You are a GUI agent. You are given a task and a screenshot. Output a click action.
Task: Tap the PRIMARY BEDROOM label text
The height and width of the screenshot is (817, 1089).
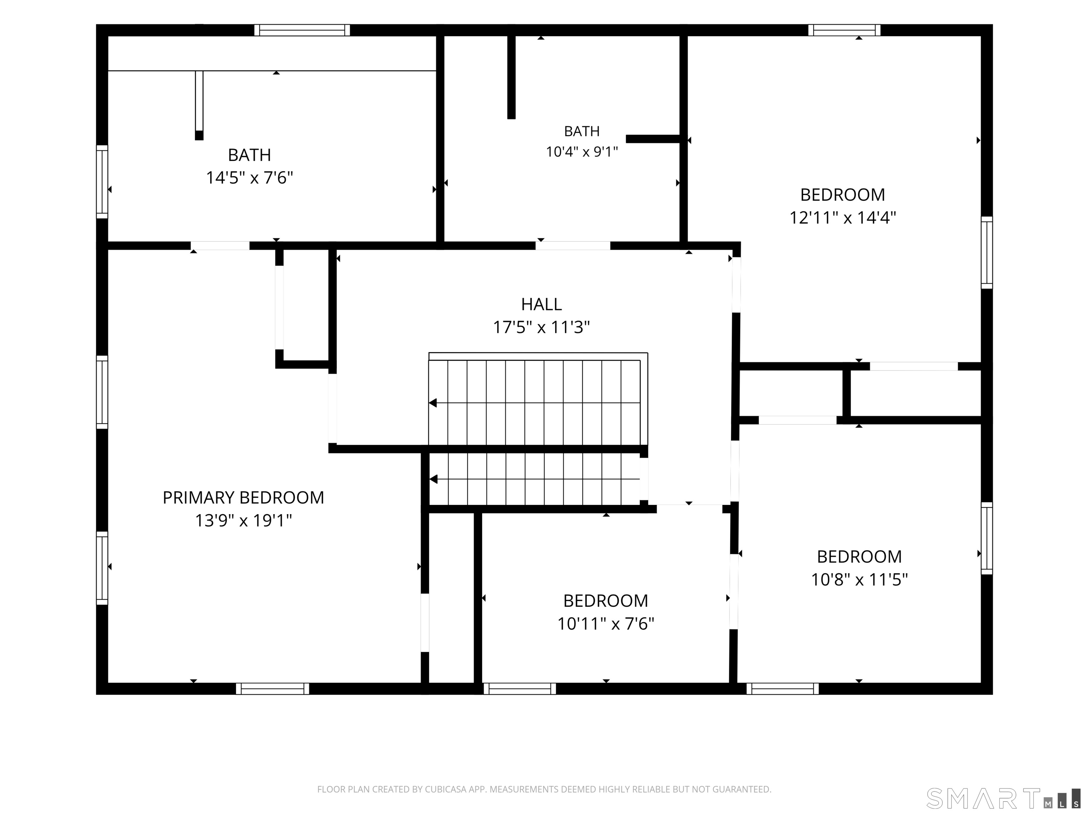point(243,498)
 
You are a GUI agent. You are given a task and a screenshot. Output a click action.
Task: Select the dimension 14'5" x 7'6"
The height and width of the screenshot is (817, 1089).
point(249,177)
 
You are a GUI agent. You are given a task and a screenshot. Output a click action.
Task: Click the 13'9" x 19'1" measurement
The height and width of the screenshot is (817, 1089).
point(243,520)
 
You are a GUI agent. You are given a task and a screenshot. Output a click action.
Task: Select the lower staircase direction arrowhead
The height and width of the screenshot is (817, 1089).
point(433,479)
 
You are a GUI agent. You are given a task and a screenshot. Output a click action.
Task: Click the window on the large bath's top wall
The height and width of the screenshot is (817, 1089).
point(302,30)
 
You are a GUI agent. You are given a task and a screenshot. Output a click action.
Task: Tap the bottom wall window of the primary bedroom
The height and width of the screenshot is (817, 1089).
point(272,689)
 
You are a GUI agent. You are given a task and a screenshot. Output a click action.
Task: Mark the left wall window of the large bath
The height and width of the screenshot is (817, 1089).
point(102,182)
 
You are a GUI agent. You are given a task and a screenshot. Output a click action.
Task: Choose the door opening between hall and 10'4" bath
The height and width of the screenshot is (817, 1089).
point(573,246)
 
